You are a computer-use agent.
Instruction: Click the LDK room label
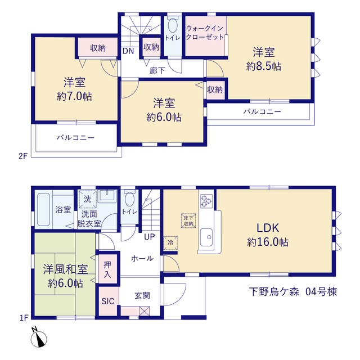point(268,228)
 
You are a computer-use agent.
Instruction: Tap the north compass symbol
point(39,337)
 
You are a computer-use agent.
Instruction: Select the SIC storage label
point(107,301)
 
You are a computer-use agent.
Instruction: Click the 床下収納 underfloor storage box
point(188,220)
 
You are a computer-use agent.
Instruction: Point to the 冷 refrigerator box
point(170,243)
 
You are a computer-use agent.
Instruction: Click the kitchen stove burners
point(206,201)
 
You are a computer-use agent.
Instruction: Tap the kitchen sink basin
point(206,237)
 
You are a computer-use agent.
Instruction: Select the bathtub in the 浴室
point(44,209)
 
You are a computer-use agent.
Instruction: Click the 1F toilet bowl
point(129,199)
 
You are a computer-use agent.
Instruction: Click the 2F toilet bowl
point(173,25)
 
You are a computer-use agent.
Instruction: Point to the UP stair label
point(150,237)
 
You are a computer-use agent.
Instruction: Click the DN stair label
point(128,51)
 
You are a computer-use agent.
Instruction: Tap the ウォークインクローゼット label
point(205,33)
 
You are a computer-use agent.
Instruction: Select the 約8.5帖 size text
point(264,66)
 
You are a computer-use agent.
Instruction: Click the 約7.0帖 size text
point(74,96)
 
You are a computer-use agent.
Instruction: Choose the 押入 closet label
point(107,269)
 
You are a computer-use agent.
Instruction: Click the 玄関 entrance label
point(142,295)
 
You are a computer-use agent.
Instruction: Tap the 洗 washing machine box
point(88,199)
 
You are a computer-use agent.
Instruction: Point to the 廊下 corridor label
point(157,70)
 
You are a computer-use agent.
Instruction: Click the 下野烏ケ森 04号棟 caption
point(293,291)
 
